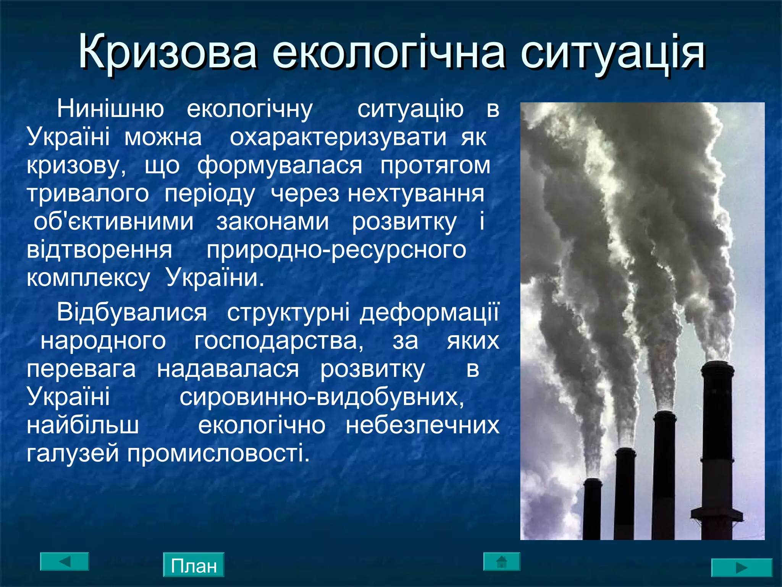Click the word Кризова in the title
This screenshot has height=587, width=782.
click(x=167, y=52)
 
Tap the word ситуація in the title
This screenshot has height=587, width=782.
click(x=612, y=52)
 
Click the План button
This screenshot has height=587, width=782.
click(x=194, y=565)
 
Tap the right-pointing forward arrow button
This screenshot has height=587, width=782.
click(x=742, y=568)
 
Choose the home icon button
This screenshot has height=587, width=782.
click(x=502, y=561)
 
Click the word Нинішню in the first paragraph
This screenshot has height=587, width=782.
click(x=110, y=109)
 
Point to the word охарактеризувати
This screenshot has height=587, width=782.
click(x=338, y=137)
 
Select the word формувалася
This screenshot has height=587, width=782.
click(x=280, y=165)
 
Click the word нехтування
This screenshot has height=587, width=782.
click(x=416, y=193)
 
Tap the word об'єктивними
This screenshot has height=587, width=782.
click(x=113, y=222)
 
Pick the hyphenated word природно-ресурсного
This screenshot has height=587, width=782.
click(x=336, y=250)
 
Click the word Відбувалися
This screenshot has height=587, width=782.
click(x=132, y=313)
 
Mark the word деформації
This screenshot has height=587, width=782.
click(x=429, y=313)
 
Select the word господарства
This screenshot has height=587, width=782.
click(x=279, y=341)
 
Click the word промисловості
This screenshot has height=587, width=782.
click(x=218, y=454)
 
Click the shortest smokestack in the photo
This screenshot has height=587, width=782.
click(x=592, y=508)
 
